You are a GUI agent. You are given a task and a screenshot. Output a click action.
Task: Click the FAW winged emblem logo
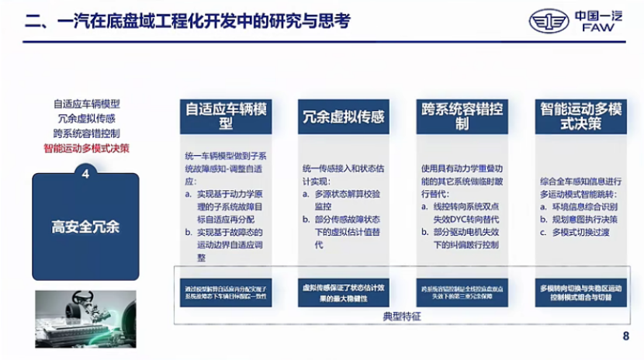click(549, 21)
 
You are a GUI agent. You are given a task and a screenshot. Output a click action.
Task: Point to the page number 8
click(626, 336)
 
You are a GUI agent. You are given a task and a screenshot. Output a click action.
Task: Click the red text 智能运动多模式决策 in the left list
click(86, 147)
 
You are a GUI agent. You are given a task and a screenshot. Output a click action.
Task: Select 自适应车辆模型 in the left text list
click(87, 103)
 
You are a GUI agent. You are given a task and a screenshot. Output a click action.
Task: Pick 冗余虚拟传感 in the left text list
click(87, 118)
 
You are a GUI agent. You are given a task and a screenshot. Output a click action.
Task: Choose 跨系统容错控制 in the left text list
click(86, 133)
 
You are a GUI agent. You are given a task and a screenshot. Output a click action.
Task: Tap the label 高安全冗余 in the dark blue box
click(86, 227)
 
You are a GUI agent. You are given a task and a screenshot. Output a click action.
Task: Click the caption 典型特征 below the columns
click(403, 317)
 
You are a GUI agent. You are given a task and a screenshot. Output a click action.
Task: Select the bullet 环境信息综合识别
click(586, 208)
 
